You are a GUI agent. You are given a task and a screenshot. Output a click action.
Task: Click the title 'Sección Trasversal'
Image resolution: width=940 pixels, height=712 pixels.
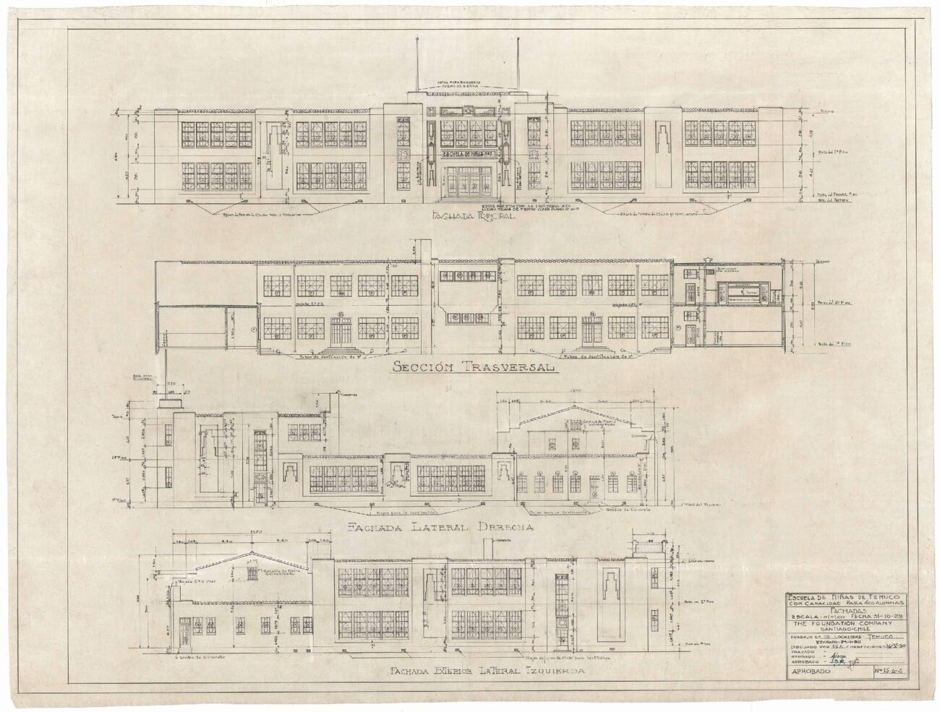474,368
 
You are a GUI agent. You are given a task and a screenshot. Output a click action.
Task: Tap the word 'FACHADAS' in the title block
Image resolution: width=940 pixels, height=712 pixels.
839,609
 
